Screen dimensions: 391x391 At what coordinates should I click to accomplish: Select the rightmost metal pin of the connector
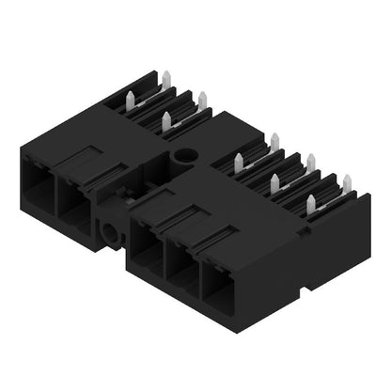[346, 182]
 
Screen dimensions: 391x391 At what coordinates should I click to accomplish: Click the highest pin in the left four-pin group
[165, 77]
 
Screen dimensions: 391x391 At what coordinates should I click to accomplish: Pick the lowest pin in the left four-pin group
[167, 119]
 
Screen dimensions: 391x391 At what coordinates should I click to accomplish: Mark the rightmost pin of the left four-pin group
[202, 99]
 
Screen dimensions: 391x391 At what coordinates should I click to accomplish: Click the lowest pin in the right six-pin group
[311, 201]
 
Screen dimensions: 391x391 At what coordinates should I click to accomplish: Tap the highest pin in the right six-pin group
[274, 140]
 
